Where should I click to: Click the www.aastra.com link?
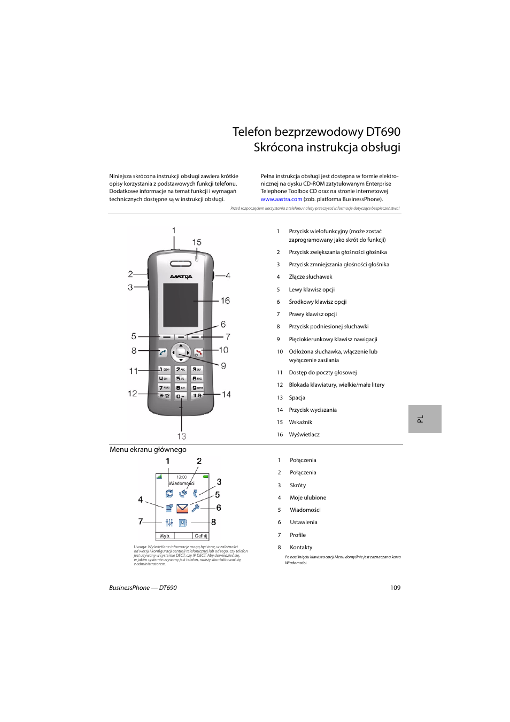click(281, 199)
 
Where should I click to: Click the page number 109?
click(395, 588)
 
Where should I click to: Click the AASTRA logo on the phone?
click(181, 277)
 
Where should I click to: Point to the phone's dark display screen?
click(180, 305)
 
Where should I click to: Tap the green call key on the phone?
click(163, 352)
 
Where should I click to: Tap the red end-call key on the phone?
click(198, 352)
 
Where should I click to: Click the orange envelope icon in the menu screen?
click(182, 508)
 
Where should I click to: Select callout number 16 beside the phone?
click(225, 301)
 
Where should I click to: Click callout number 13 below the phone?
click(182, 436)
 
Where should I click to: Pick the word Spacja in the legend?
click(297, 398)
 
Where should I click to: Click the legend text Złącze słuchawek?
click(311, 277)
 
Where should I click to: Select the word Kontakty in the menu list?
click(301, 548)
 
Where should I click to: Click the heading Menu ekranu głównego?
click(148, 450)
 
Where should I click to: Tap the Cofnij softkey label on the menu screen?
click(200, 536)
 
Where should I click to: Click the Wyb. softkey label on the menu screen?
click(165, 536)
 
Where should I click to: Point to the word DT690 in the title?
click(383, 132)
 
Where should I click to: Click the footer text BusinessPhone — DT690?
click(143, 588)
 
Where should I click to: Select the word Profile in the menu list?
click(298, 535)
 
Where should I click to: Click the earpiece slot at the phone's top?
click(181, 264)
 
